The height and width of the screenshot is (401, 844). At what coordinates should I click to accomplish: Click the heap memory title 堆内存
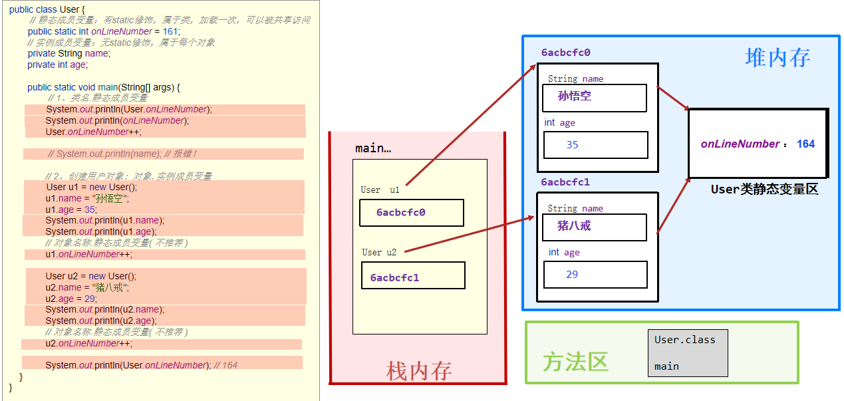coord(777,57)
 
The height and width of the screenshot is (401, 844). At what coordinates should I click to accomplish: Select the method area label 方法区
coord(575,362)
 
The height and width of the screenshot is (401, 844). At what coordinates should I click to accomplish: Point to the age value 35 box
coord(595,145)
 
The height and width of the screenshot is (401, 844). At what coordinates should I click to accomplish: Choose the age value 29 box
coord(595,274)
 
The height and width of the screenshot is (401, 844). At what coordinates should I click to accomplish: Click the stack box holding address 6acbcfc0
coord(411,213)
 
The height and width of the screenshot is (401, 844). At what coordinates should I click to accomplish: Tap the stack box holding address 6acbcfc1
coord(412,276)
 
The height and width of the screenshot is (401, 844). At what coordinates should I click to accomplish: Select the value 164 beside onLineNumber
coord(805,144)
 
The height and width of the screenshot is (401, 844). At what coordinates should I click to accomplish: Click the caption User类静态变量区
coord(764,190)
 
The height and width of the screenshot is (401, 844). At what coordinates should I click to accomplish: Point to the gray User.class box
coord(688,352)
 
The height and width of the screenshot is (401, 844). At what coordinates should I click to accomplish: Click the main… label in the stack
coord(373,148)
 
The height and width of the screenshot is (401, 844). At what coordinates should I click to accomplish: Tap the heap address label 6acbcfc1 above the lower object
coord(565,182)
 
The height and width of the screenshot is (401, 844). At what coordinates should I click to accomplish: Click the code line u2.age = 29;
coord(71,299)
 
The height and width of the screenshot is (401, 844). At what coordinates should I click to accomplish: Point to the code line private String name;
coord(69,53)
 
